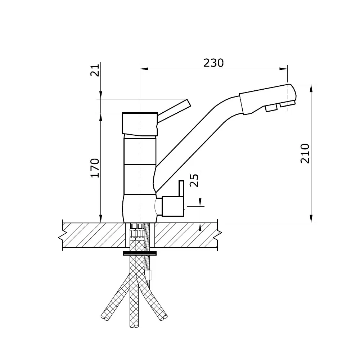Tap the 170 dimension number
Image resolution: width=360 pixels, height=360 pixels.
(94, 167)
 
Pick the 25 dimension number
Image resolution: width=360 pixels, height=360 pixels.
(194, 181)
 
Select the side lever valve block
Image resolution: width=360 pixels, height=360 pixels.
(173, 207)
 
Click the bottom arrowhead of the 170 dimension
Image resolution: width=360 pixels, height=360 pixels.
(100, 219)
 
